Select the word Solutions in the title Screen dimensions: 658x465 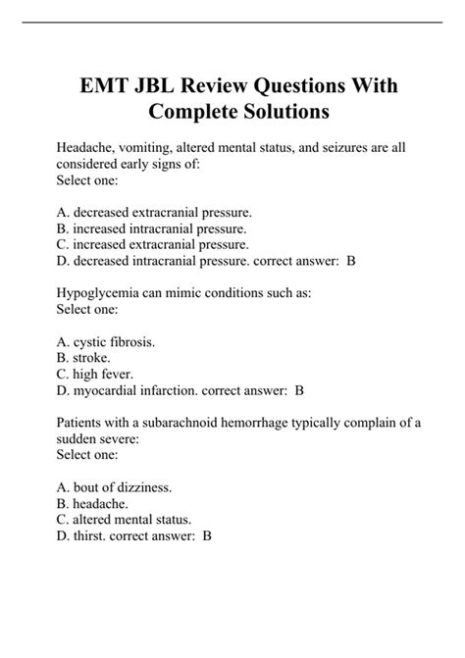click(x=284, y=113)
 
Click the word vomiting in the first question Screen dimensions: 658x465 click(x=147, y=148)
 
